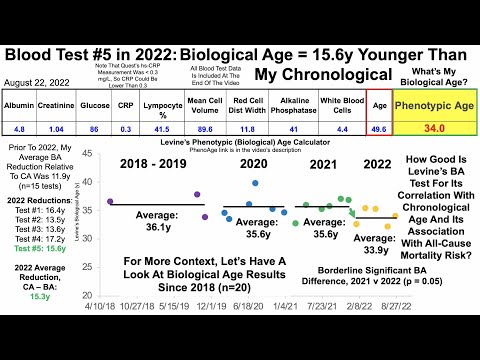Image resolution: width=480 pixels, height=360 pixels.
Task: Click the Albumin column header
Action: [20, 103]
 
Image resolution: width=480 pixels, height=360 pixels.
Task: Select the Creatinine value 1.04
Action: [59, 129]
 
